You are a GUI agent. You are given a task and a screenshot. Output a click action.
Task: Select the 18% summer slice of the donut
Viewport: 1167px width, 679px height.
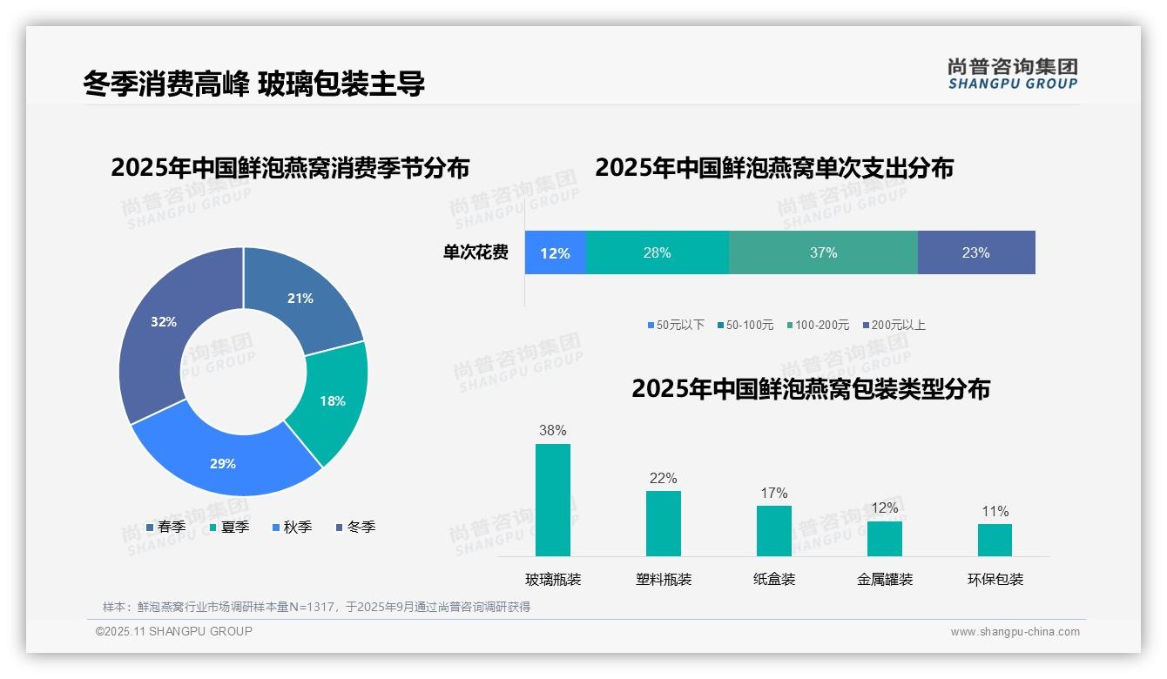point(334,401)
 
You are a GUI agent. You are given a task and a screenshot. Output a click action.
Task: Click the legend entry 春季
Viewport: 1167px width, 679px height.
point(165,527)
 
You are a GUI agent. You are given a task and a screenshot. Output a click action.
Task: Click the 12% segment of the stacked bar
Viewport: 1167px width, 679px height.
point(555,252)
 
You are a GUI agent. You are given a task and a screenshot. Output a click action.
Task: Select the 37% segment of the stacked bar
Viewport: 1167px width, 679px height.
point(823,252)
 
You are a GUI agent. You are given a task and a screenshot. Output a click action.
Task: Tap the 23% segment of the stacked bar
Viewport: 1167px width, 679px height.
point(975,252)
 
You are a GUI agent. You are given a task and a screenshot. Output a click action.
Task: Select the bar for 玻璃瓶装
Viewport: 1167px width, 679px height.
point(553,500)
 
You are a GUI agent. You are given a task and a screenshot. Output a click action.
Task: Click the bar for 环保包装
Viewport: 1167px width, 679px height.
point(995,540)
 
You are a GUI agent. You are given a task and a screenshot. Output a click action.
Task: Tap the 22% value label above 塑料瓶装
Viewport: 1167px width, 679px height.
point(663,478)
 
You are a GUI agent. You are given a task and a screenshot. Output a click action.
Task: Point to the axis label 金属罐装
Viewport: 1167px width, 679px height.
point(885,579)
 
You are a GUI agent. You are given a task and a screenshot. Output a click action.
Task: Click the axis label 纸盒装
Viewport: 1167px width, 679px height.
point(774,579)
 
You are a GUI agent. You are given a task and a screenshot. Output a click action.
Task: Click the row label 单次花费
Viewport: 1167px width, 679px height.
point(476,252)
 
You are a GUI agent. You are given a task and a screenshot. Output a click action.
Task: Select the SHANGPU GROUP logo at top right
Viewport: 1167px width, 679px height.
point(1012,74)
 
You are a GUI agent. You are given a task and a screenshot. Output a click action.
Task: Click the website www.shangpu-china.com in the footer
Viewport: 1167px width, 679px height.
point(1015,631)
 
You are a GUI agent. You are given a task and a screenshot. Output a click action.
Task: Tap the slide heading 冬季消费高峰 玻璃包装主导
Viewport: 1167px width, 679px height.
point(253,84)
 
